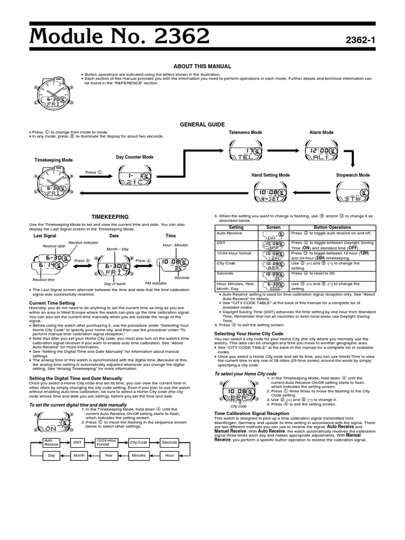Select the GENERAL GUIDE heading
point(202,124)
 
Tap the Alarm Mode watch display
point(321,154)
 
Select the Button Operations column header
point(332,227)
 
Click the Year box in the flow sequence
point(109,455)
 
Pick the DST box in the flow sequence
point(78,442)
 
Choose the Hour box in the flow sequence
point(169,455)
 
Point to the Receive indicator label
point(83,242)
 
